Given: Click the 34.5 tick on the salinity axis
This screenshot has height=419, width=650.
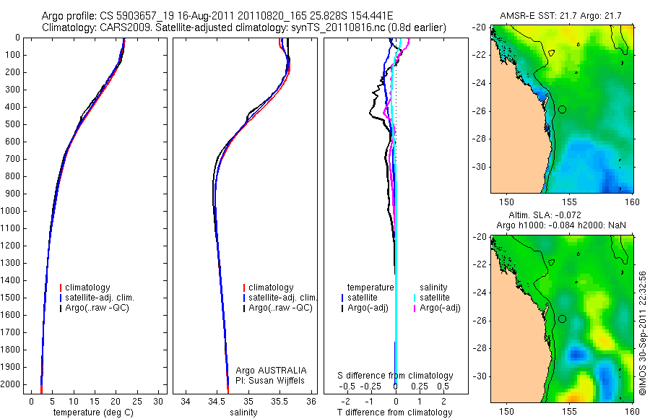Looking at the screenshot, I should (217, 400).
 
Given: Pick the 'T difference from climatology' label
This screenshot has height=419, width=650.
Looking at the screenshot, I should (394, 412).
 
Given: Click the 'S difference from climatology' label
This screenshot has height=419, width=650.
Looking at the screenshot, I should (396, 376).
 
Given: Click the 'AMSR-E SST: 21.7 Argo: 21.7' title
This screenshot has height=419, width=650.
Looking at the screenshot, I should (562, 15).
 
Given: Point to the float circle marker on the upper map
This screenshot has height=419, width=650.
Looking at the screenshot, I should (563, 108).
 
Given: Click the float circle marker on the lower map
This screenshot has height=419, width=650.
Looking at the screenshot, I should (563, 319).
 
